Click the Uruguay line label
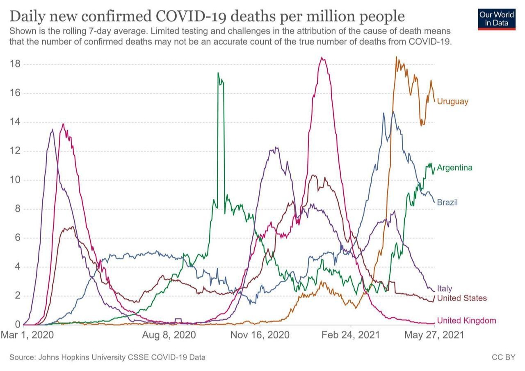pyautogui.click(x=452, y=101)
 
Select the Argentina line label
pyautogui.click(x=454, y=168)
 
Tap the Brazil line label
pyautogui.click(x=447, y=203)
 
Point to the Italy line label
pyautogui.click(x=445, y=288)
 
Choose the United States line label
pyautogui.click(x=462, y=298)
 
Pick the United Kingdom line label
pyautogui.click(x=466, y=321)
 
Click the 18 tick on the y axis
pyautogui.click(x=15, y=64)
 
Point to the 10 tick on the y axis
pyautogui.click(x=15, y=180)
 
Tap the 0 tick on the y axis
pyautogui.click(x=18, y=325)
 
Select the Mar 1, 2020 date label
pyautogui.click(x=27, y=335)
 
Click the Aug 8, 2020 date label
pyautogui.click(x=169, y=335)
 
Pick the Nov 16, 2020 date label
pyautogui.click(x=260, y=335)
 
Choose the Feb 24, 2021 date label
pyautogui.click(x=351, y=335)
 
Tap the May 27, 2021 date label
pyautogui.click(x=434, y=335)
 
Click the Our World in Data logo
pyautogui.click(x=496, y=19)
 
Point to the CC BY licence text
pyautogui.click(x=503, y=357)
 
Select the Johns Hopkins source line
pyautogui.click(x=107, y=357)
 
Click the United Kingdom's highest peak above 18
pyautogui.click(x=323, y=58)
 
